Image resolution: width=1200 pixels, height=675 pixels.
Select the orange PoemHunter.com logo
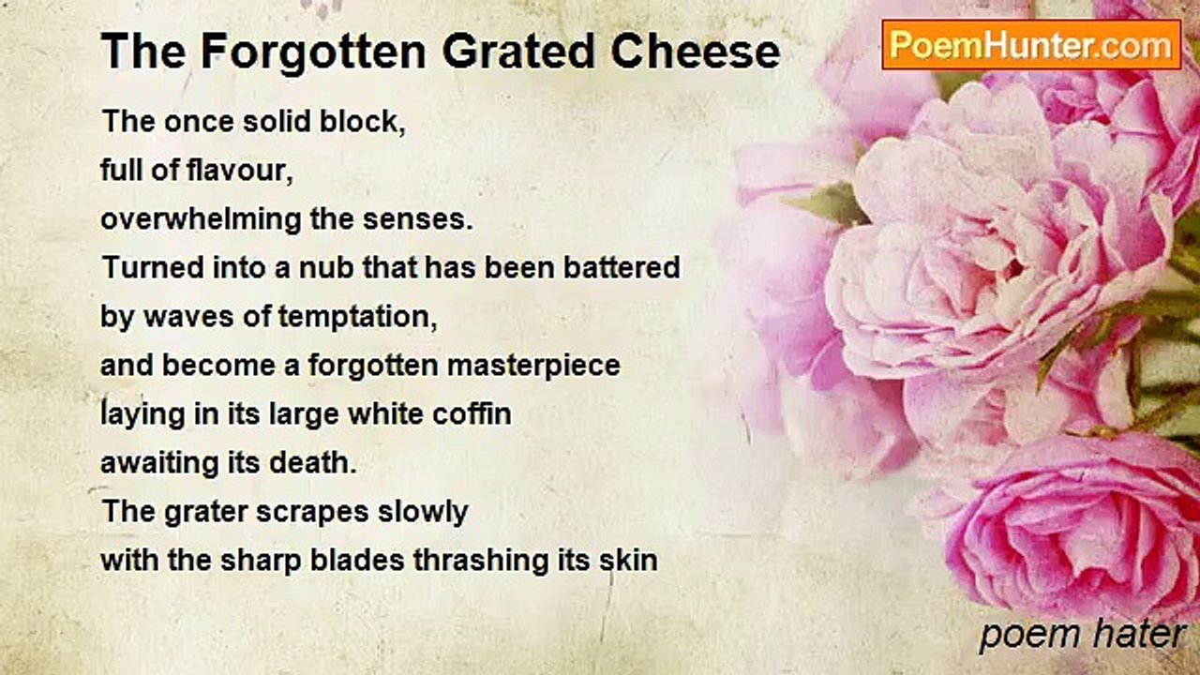pos(1031,44)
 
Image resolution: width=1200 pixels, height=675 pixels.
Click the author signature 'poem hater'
pos(1082,635)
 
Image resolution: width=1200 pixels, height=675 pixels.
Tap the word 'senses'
pos(417,219)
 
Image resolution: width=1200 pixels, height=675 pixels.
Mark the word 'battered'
pos(622,268)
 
